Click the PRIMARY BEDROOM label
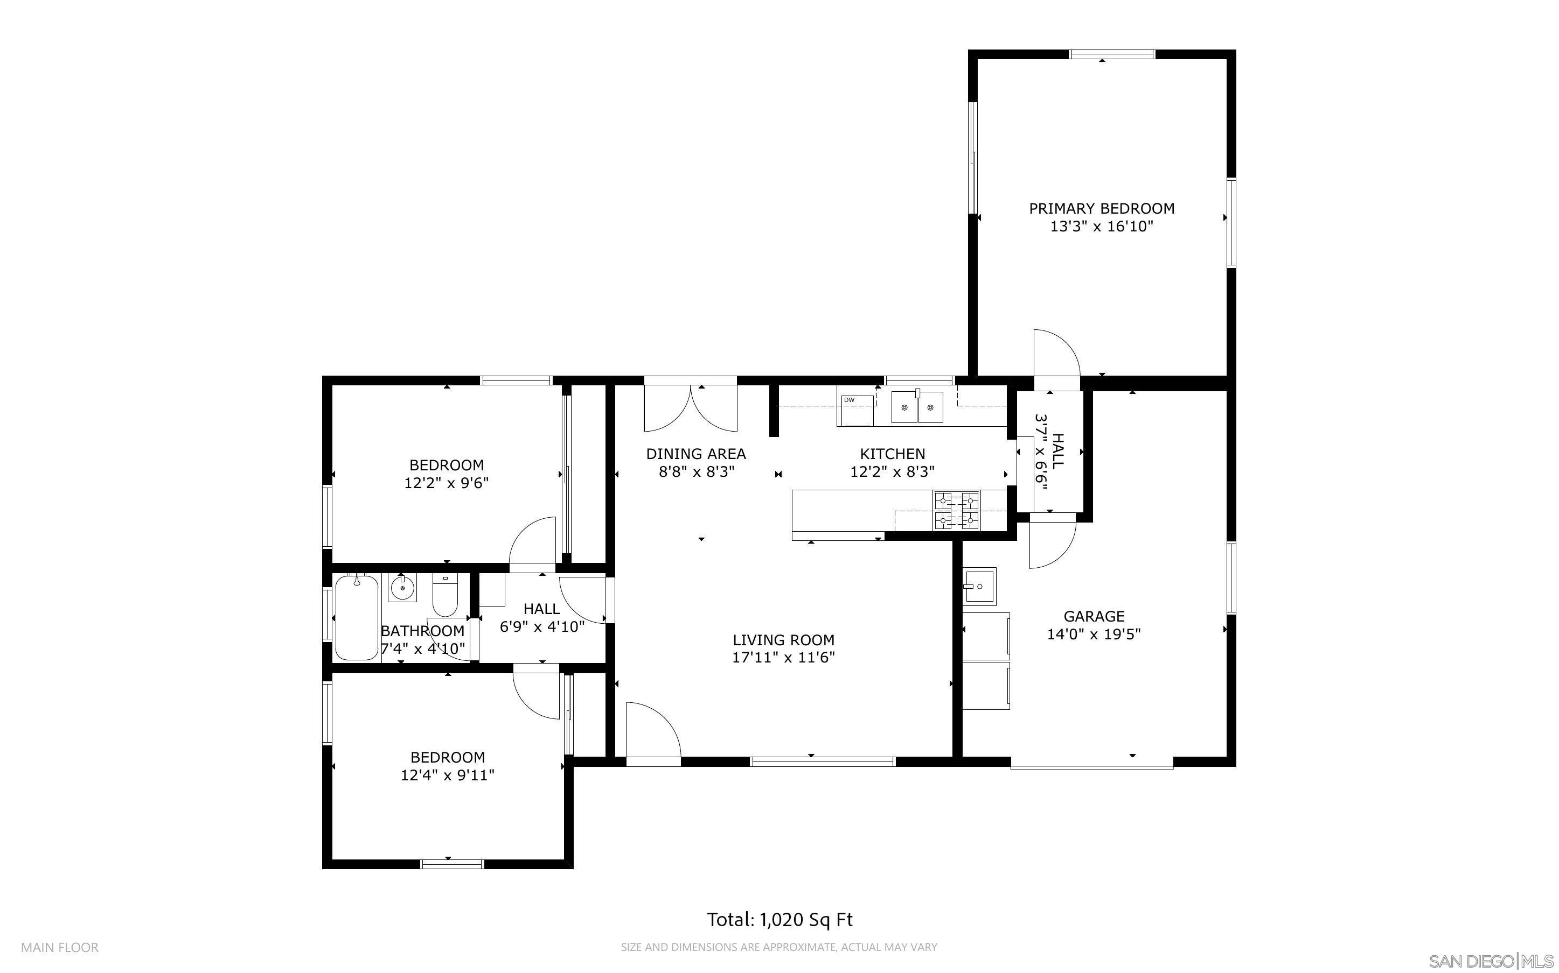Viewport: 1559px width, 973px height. [1101, 208]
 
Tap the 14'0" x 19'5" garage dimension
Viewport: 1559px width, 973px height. [1094, 634]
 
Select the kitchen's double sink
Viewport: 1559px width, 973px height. [917, 407]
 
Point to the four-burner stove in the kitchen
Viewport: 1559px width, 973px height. [956, 510]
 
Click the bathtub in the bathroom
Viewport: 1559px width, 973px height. [356, 618]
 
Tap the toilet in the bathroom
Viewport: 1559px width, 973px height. [444, 595]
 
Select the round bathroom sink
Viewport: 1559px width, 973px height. [402, 588]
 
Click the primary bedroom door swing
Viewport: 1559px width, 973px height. [1056, 354]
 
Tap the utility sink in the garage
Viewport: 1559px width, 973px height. [979, 586]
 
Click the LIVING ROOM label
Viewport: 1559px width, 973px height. [783, 640]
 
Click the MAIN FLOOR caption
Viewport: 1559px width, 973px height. [60, 947]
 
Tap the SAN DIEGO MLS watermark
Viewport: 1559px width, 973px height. [1491, 961]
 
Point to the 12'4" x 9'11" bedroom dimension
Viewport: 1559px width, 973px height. [447, 775]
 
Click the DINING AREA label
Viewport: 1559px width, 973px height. [695, 454]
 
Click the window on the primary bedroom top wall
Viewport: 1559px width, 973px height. [1112, 54]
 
